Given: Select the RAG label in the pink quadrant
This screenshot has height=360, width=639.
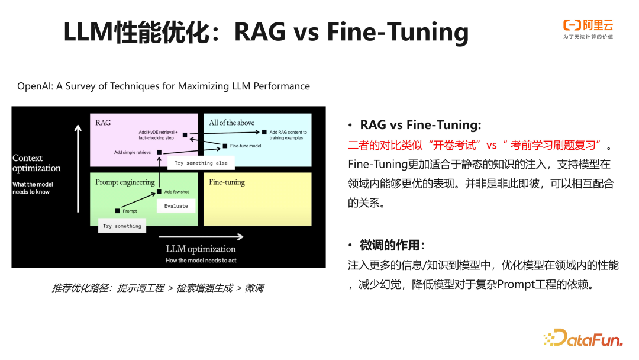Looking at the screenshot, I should click(103, 123).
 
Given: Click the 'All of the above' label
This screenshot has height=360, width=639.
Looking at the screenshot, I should click(231, 123).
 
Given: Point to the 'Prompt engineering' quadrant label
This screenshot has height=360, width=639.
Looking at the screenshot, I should click(125, 182).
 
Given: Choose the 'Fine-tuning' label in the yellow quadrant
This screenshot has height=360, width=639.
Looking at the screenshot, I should click(227, 182).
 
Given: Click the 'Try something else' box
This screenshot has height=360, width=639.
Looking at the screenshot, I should click(201, 163).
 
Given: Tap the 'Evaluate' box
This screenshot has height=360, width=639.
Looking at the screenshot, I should click(176, 206).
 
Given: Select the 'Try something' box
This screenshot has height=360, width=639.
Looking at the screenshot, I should click(122, 226).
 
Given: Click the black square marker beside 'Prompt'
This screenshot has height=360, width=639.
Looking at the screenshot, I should click(118, 211).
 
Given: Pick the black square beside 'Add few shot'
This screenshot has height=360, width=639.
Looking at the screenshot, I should click(159, 192).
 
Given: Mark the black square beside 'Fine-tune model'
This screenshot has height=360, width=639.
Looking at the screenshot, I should click(225, 146).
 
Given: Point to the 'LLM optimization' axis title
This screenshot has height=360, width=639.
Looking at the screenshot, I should click(201, 249).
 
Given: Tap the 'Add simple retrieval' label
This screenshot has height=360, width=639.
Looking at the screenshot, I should click(133, 152).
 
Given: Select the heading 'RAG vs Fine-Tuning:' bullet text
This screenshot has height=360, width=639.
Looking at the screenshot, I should click(421, 125).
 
